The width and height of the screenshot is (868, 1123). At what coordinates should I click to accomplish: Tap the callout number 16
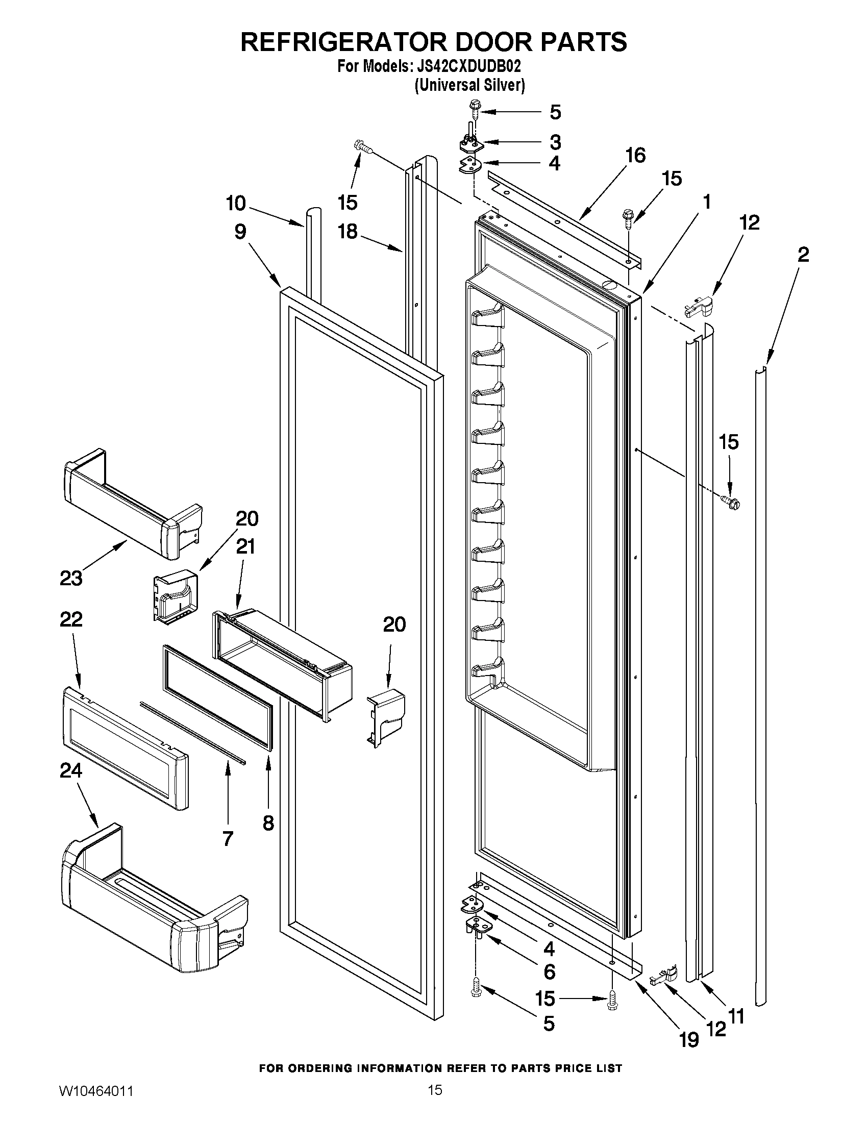pyautogui.click(x=636, y=155)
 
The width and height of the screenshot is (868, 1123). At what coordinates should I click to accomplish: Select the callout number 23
pyautogui.click(x=71, y=578)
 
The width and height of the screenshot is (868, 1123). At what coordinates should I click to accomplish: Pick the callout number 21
pyautogui.click(x=245, y=546)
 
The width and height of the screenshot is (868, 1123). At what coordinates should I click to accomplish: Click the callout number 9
pyautogui.click(x=240, y=232)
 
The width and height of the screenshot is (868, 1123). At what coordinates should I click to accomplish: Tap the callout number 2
pyautogui.click(x=803, y=254)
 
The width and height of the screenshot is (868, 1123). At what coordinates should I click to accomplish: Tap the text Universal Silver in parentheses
pyautogui.click(x=469, y=85)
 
